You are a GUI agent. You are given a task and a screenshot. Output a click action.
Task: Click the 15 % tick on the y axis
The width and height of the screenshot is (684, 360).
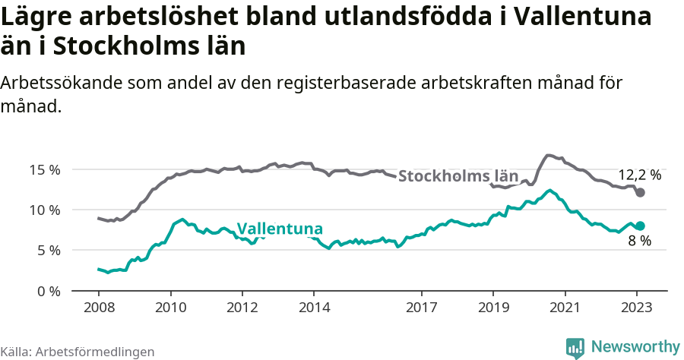click(46, 169)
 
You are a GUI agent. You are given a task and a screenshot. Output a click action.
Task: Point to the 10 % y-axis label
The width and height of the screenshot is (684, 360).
click(46, 210)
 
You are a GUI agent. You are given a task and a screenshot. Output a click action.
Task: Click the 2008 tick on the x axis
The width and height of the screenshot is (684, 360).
click(99, 308)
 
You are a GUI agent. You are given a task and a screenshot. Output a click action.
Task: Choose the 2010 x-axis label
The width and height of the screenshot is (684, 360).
click(170, 308)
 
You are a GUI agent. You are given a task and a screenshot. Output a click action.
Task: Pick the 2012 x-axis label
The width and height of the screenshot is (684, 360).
click(242, 308)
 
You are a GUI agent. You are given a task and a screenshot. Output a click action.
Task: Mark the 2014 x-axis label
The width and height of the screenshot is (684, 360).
click(314, 308)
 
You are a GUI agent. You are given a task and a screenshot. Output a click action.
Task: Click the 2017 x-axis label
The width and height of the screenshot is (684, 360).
click(422, 308)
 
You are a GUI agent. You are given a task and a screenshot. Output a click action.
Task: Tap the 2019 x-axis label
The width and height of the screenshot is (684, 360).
click(493, 308)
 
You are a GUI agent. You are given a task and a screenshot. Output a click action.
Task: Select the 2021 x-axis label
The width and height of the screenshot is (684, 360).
click(565, 308)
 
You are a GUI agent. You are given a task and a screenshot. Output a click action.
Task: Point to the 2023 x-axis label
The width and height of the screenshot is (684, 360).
click(637, 308)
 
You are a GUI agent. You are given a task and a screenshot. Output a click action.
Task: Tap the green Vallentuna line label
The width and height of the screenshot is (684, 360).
click(280, 229)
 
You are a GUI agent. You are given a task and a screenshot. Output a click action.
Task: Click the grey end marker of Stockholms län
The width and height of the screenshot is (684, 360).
click(640, 192)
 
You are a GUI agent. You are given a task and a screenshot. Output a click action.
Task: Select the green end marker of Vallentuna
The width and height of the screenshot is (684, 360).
click(640, 226)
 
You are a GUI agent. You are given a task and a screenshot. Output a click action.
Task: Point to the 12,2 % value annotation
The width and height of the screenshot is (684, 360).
click(639, 175)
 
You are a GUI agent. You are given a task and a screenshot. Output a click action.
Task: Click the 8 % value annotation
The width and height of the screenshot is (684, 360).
click(639, 242)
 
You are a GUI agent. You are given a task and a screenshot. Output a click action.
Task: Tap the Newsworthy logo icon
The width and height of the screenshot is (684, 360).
click(575, 347)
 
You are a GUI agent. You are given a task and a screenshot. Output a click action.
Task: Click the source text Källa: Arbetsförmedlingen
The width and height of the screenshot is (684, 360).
click(78, 352)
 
